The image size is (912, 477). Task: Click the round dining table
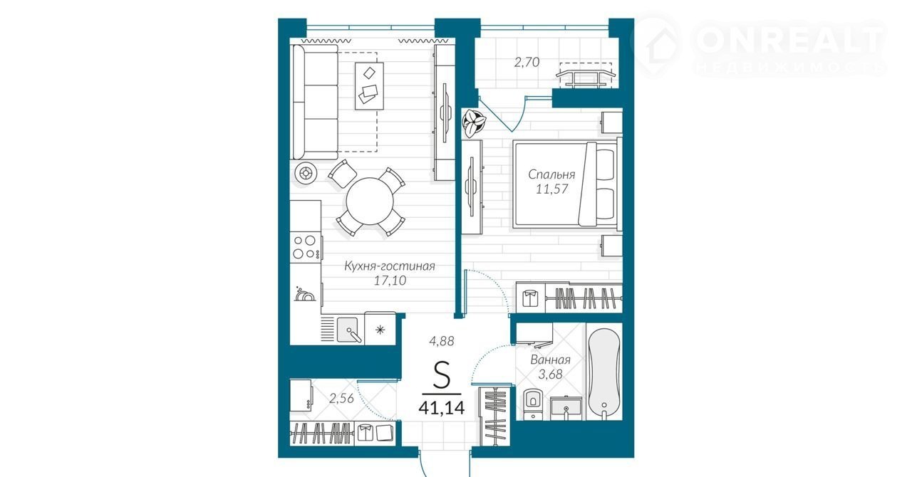(370, 201)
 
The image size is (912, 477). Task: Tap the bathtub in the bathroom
(604, 373)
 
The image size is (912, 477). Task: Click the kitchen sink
(349, 329)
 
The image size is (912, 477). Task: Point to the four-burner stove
(306, 246)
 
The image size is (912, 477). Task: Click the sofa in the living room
(315, 102)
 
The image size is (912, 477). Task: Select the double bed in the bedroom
(566, 184)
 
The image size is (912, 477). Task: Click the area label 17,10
(390, 281)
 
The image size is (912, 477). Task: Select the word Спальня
(551, 174)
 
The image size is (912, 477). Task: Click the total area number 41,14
(442, 407)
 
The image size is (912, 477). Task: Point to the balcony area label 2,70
(527, 62)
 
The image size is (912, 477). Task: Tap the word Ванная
(551, 360)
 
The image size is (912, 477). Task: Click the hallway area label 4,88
(442, 341)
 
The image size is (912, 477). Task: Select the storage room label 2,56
(341, 398)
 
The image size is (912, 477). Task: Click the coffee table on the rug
(369, 86)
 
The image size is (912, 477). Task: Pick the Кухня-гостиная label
(390, 266)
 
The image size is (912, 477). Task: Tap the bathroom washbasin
(566, 408)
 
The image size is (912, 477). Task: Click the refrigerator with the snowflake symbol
(380, 329)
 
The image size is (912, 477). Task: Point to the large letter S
(442, 374)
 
